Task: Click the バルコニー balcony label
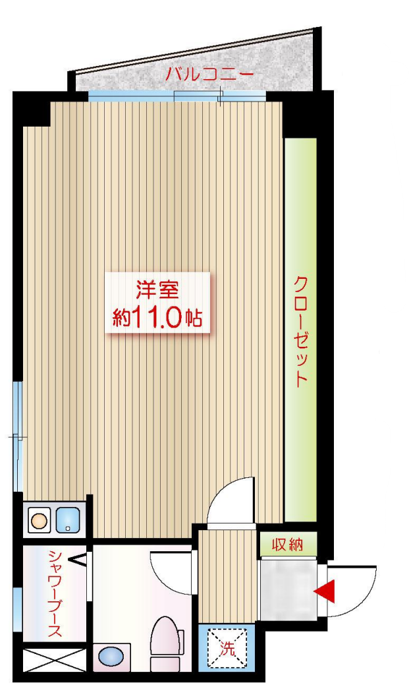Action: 209,74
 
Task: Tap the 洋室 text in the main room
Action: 157,291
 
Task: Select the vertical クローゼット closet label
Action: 300,331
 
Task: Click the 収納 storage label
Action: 288,545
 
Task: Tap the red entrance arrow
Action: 325,591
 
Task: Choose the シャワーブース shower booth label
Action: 55,593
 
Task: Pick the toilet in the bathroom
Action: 167,643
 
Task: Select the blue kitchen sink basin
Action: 68,520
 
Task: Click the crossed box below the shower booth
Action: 54,659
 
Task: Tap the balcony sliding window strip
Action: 177,96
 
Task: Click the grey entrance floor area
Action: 288,589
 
